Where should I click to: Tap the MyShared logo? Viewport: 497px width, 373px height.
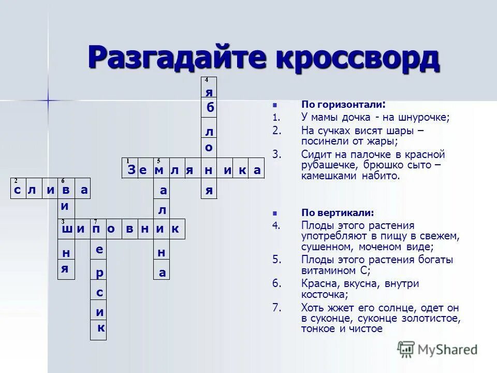(437, 350)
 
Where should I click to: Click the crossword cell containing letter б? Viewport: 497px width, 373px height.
(210, 108)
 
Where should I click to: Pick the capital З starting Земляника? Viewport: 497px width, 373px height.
(131, 170)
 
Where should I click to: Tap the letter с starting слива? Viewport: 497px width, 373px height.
(18, 191)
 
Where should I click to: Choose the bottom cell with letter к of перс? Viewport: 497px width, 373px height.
(101, 328)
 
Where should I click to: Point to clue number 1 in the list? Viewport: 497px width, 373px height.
(275, 118)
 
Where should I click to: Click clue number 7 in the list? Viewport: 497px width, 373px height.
(276, 308)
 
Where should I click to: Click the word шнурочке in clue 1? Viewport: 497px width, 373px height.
(426, 118)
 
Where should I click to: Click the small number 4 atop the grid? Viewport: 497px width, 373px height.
(206, 80)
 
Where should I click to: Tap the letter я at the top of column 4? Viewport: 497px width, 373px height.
(209, 92)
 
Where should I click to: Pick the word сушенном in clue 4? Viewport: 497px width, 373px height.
(325, 247)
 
